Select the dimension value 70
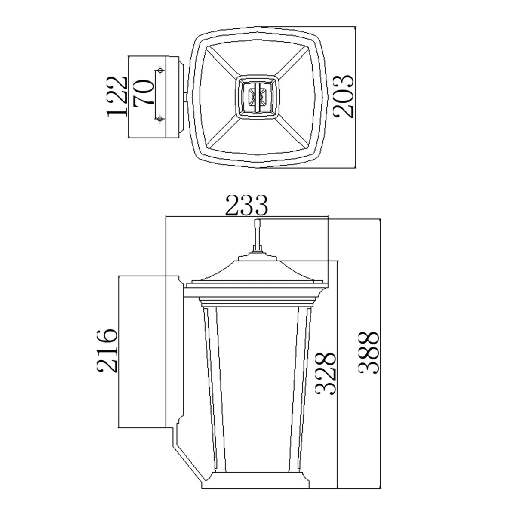143,94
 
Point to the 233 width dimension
247,206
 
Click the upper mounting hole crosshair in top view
160,70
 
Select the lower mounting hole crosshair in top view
160,118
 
